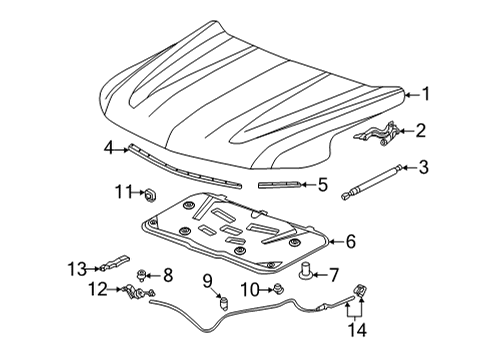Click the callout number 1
(425, 95)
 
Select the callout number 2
(422, 130)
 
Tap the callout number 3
(423, 166)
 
